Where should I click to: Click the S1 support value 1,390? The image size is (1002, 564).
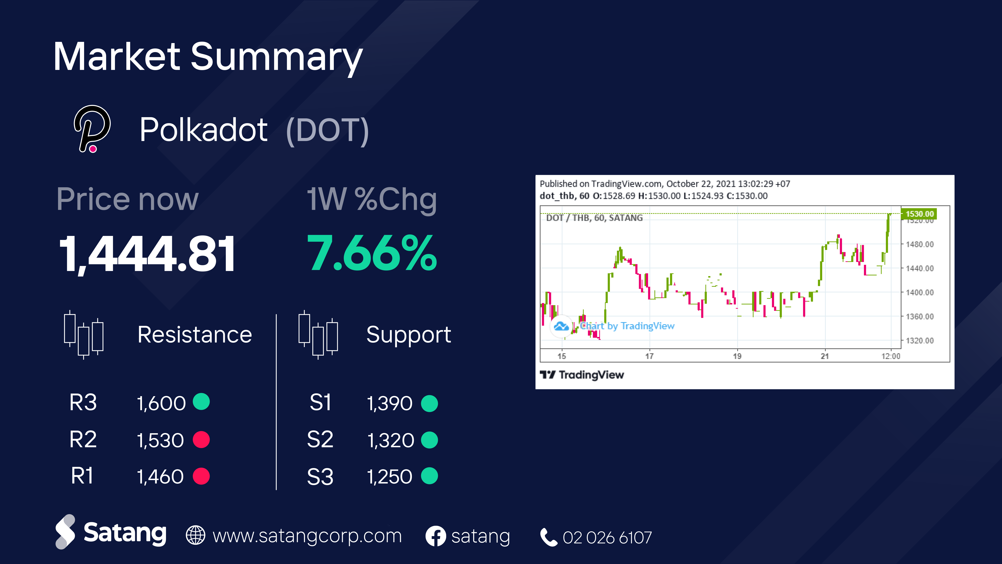click(x=390, y=403)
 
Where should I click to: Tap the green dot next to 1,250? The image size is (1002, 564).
click(x=430, y=476)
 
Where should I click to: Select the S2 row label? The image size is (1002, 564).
click(x=320, y=440)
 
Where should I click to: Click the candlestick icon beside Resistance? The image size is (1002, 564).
click(x=84, y=334)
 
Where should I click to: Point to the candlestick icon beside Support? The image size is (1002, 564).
click(x=318, y=334)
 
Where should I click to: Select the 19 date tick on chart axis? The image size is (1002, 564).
click(x=737, y=356)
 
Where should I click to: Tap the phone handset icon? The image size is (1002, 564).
click(x=549, y=537)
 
